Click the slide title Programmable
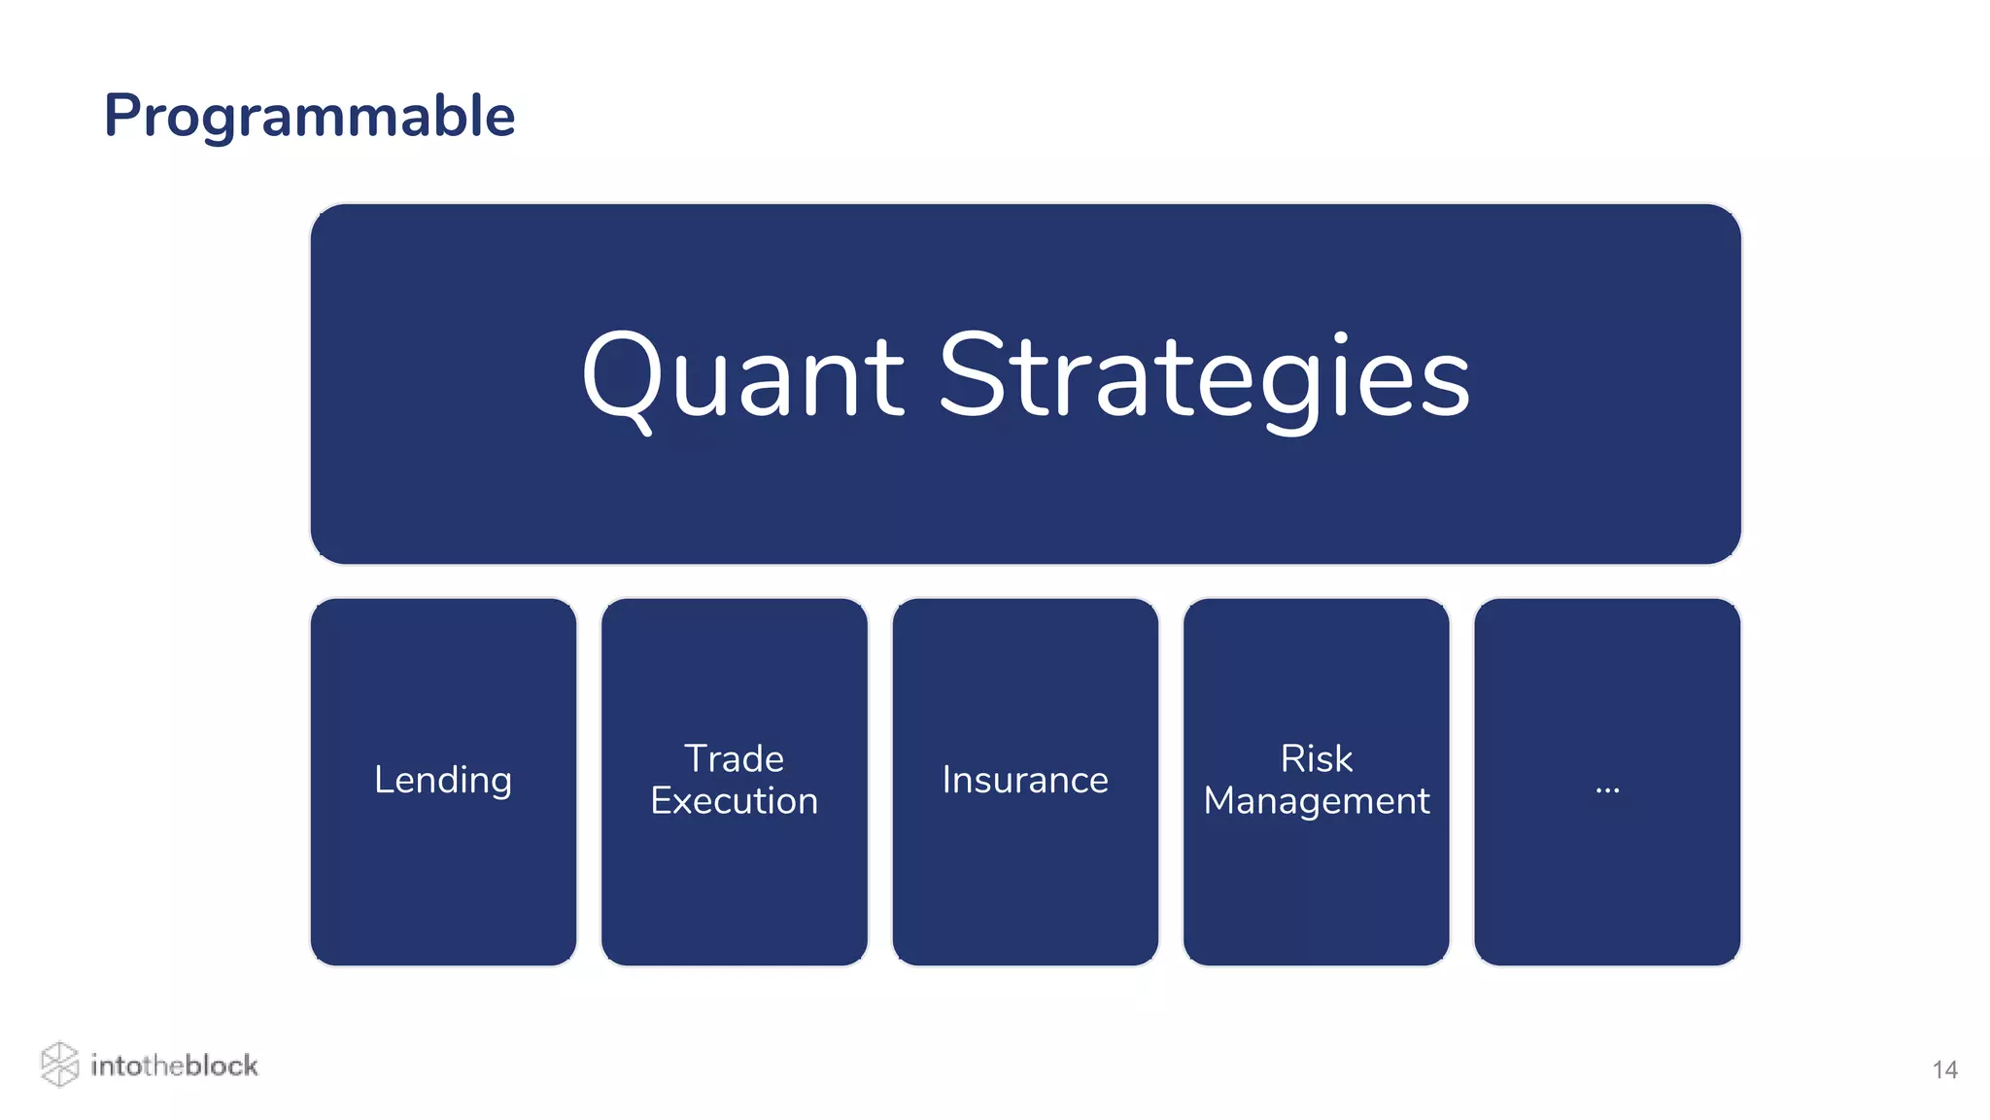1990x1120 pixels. coord(309,117)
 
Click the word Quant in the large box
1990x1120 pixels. coord(743,377)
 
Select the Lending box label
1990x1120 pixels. coord(443,781)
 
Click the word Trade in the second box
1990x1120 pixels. coord(734,758)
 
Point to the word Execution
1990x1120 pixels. coord(734,801)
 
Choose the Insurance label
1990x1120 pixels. coord(1025,781)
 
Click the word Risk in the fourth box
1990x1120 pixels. coord(1316,758)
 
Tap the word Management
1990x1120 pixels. coord(1316,801)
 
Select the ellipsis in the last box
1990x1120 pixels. coord(1607,787)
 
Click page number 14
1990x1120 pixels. coord(1944,1070)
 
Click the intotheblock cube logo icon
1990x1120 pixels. coord(59,1064)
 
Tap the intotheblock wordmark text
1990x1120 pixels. coord(174,1066)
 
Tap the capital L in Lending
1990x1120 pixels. coord(383,781)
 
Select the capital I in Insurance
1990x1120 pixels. coord(947,781)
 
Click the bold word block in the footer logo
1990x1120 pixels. coord(221,1066)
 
